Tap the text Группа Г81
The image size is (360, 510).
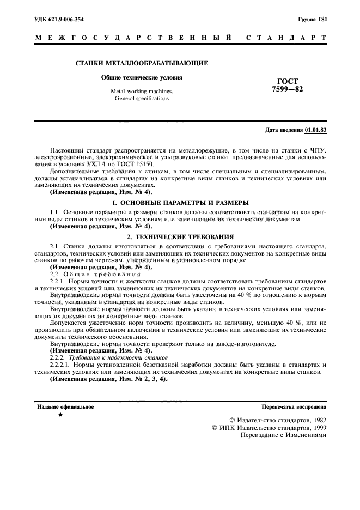pyautogui.click(x=312, y=20)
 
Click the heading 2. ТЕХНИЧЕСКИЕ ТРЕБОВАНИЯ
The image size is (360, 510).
pyautogui.click(x=180, y=237)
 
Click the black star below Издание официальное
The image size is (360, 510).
pyautogui.click(x=60, y=415)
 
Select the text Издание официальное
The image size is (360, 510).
pyautogui.click(x=65, y=406)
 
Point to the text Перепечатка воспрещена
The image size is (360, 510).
pyautogui.click(x=294, y=406)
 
